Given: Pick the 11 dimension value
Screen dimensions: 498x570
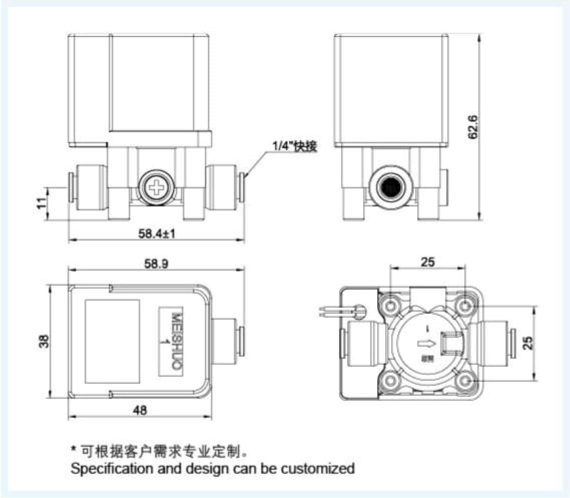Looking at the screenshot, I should pos(42,202).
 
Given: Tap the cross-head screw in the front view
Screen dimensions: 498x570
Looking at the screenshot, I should pos(156,188).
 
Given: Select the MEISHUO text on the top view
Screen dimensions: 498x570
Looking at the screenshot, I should pos(176,341).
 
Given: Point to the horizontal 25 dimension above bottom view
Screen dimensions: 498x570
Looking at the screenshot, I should pos(428,262).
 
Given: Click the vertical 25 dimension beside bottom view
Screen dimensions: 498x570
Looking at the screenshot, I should pos(527,343).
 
